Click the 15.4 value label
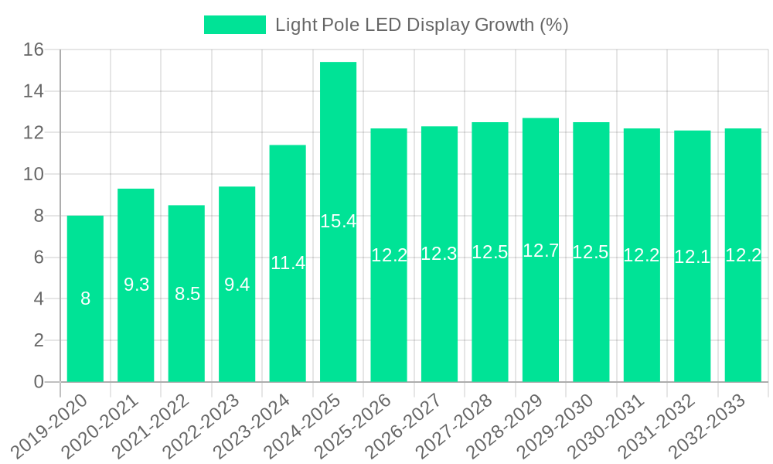[x=338, y=221]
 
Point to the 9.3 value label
[x=136, y=285]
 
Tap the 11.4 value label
[x=288, y=263]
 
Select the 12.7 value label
[x=540, y=251]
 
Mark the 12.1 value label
[x=692, y=257]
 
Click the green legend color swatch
[x=234, y=25]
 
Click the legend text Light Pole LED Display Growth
[x=421, y=25]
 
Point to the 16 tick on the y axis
[x=34, y=50]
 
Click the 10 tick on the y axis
[x=34, y=175]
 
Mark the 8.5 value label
[x=186, y=294]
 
